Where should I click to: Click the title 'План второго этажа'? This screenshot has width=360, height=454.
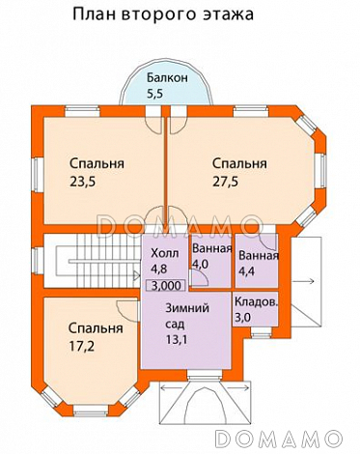162,15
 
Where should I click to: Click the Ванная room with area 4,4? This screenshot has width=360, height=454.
258,263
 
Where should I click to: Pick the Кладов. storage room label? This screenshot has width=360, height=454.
257,301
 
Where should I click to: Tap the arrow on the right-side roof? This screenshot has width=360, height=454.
301,281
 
